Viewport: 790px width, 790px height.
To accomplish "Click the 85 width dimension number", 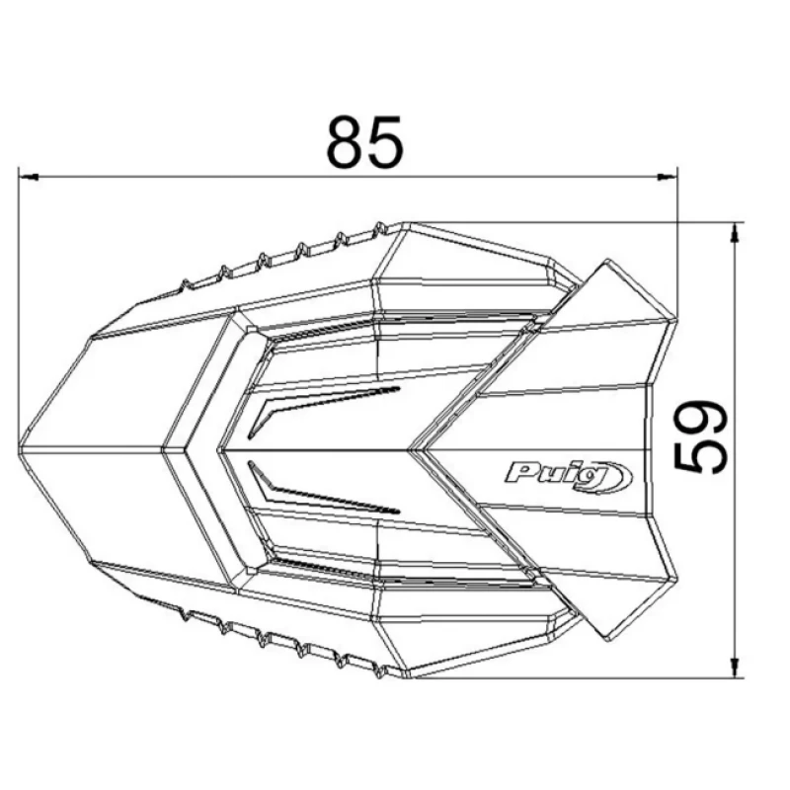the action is tap(364, 141).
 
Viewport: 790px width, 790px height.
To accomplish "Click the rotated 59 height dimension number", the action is tap(701, 436).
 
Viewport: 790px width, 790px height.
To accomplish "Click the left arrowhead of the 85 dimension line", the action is tap(29, 177).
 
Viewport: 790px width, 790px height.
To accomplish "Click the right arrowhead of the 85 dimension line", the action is tap(669, 177).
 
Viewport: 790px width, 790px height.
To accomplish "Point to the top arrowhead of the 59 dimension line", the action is tap(736, 233).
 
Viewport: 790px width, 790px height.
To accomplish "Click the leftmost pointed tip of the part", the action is tap(19, 447).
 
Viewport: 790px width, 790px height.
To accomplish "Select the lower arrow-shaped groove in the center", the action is tap(323, 487).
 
